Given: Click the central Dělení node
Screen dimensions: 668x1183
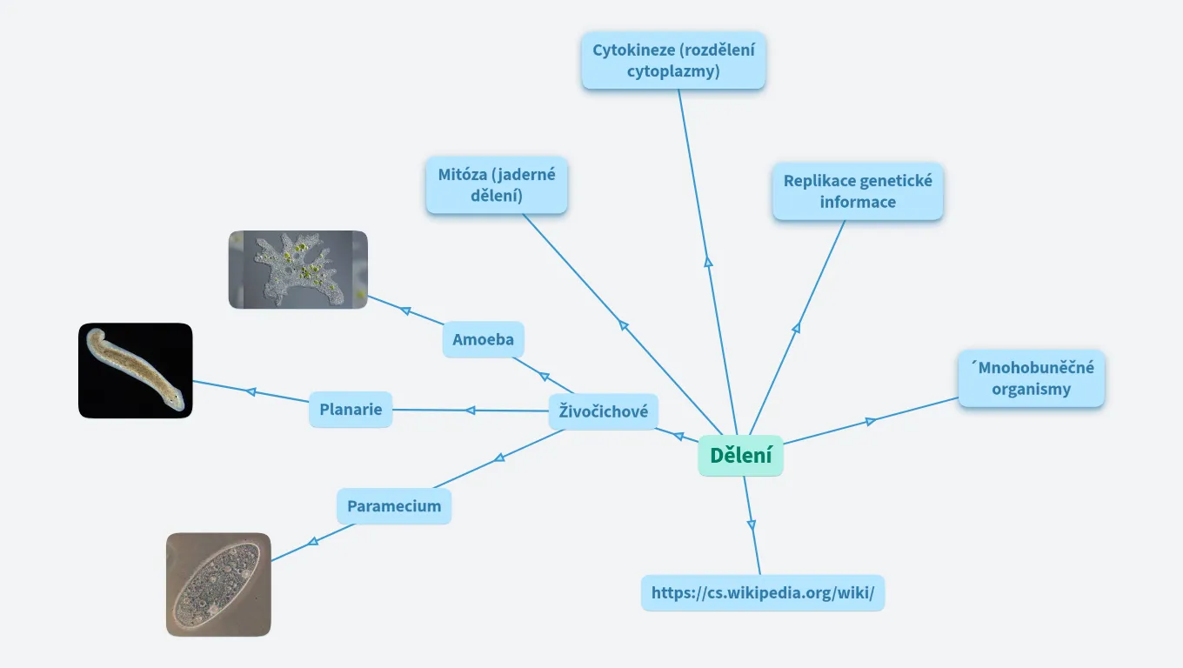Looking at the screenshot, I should pyautogui.click(x=740, y=456).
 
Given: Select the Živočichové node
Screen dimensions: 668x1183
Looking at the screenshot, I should pyautogui.click(x=603, y=411).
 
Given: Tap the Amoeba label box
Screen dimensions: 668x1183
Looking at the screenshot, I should pyautogui.click(x=483, y=339).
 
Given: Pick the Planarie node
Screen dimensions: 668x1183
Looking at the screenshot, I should pyautogui.click(x=351, y=410).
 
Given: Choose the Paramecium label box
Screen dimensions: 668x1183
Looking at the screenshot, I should pyautogui.click(x=394, y=506).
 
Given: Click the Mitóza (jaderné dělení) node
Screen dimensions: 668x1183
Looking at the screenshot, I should pyautogui.click(x=497, y=184).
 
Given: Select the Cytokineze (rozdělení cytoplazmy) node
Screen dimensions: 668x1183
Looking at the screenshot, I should pyautogui.click(x=673, y=61).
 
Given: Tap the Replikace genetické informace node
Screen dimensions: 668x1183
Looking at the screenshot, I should pyautogui.click(x=858, y=191).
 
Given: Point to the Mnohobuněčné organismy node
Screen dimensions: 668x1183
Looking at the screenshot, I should pyautogui.click(x=1031, y=378).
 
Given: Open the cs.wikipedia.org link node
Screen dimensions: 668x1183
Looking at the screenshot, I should pyautogui.click(x=763, y=593).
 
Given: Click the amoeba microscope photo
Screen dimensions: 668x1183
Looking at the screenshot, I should pyautogui.click(x=297, y=270).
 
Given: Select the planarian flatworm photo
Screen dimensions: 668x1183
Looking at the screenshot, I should pyautogui.click(x=136, y=371).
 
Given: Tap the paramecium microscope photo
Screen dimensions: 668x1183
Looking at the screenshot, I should pyautogui.click(x=218, y=584).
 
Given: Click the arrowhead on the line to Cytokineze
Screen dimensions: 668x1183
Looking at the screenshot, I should pyautogui.click(x=708, y=261).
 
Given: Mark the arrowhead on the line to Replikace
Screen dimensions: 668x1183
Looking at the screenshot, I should pyautogui.click(x=796, y=328).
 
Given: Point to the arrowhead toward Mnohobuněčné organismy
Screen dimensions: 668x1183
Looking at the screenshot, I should pyautogui.click(x=871, y=422).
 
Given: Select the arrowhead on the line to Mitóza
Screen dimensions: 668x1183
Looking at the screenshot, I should pyautogui.click(x=623, y=324).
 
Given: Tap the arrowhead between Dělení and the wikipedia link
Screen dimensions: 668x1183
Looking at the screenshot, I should pyautogui.click(x=752, y=524).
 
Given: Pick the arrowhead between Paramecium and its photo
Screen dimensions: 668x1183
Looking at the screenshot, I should pyautogui.click(x=313, y=542).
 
